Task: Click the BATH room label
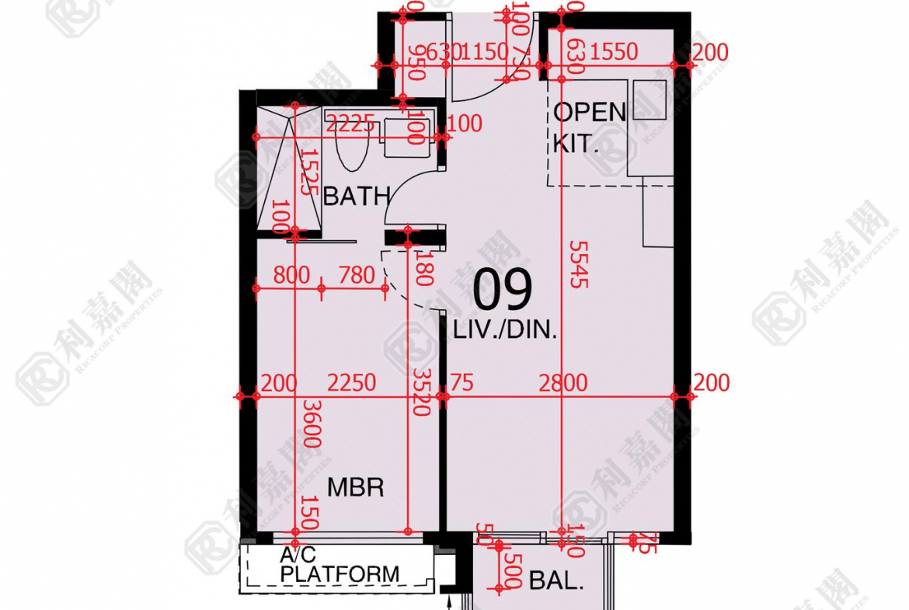(356, 197)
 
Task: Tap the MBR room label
(356, 488)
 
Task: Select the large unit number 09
(503, 290)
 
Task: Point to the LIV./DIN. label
(506, 331)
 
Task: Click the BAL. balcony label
(555, 580)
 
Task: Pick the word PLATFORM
(340, 575)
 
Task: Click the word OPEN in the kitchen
(590, 113)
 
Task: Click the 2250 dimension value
(351, 383)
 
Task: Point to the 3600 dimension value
(312, 424)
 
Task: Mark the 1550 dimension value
(613, 53)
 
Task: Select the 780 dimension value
(357, 275)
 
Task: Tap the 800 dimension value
(291, 275)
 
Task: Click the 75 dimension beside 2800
(461, 383)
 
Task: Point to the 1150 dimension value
(485, 53)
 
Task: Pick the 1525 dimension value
(308, 173)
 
